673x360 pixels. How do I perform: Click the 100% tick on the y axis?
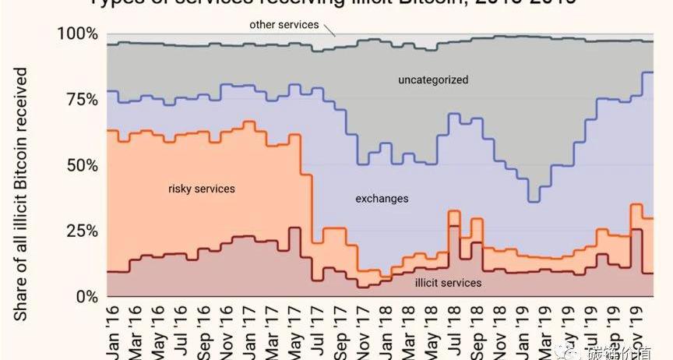pos(77,34)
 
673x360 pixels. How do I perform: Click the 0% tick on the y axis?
pos(86,297)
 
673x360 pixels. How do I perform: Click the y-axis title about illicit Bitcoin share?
pos(21,193)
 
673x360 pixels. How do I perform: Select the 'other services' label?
pos(284,25)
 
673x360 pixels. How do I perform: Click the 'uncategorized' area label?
pos(433,79)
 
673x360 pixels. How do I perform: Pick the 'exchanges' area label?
pos(382,199)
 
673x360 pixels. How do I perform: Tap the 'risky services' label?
pos(202,189)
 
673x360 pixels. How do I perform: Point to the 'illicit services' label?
pos(447,283)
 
